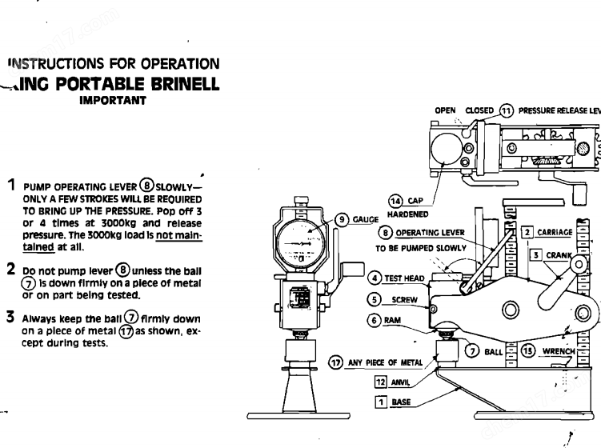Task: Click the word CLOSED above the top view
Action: click(x=479, y=110)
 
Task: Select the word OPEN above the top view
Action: click(x=445, y=110)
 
